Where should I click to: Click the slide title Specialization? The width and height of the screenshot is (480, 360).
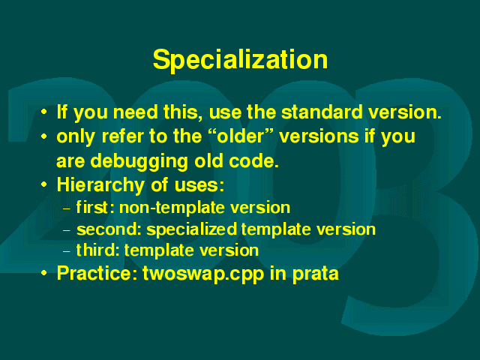(240, 60)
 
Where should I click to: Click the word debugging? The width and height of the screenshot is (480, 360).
(139, 162)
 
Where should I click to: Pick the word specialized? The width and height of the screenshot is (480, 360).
(192, 229)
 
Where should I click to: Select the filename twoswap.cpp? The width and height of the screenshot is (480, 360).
(203, 274)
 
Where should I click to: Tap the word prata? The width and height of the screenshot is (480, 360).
(315, 274)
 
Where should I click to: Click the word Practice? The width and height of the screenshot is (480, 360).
(97, 273)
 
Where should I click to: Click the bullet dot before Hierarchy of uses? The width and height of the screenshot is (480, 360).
(44, 184)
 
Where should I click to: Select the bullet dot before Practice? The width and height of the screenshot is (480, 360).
(44, 272)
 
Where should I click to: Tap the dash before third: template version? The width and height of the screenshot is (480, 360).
(67, 252)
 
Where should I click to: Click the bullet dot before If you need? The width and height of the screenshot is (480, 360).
(44, 112)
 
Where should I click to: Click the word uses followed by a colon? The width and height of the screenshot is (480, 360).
(199, 186)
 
